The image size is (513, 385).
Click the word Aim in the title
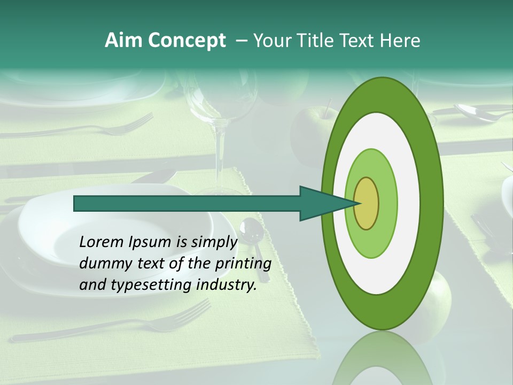point(124,41)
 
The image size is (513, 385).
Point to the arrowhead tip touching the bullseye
point(357,203)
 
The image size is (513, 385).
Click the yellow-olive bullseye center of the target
point(367,203)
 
